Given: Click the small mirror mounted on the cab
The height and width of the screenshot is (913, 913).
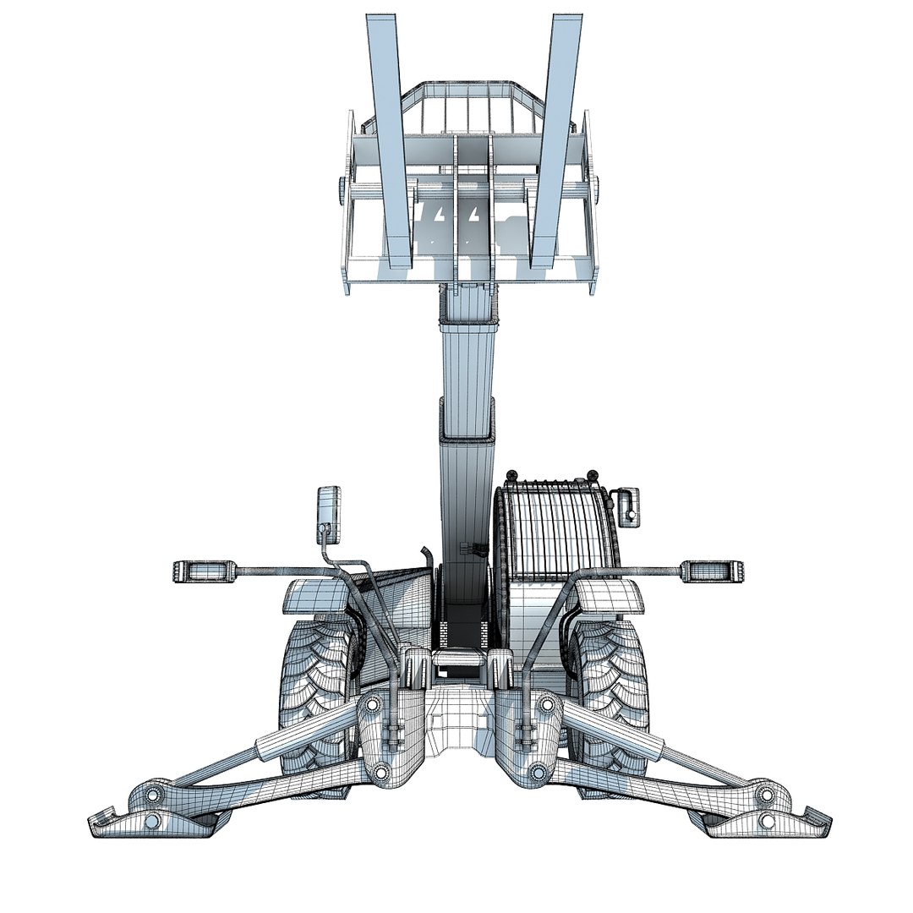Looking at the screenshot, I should click(x=626, y=506).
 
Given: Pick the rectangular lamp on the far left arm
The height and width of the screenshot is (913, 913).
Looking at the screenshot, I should click(x=203, y=571).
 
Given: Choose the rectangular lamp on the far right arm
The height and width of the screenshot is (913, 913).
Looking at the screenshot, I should click(x=712, y=571).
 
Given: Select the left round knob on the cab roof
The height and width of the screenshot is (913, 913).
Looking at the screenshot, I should click(x=511, y=475).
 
